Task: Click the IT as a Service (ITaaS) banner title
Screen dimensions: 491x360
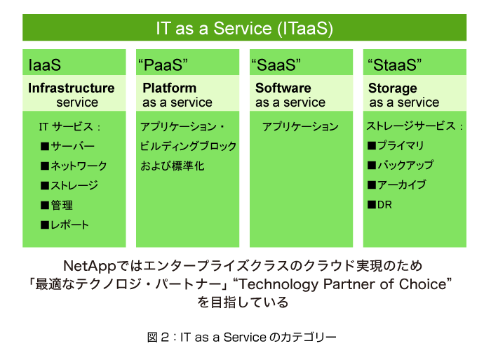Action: pyautogui.click(x=244, y=28)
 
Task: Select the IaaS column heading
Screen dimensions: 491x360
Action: pyautogui.click(x=44, y=65)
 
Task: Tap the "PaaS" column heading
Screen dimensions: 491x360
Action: pyautogui.click(x=163, y=65)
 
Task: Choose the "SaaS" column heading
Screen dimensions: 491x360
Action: pyautogui.click(x=276, y=65)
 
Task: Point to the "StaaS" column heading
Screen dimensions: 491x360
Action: pyautogui.click(x=394, y=65)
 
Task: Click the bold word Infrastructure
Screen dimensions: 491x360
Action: pyautogui.click(x=72, y=88)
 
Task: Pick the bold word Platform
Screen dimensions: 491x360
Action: pyautogui.click(x=170, y=88)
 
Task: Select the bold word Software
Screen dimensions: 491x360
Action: pyautogui.click(x=283, y=88)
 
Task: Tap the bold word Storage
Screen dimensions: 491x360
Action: pyautogui.click(x=393, y=88)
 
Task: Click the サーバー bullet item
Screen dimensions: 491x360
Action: pyautogui.click(x=67, y=146)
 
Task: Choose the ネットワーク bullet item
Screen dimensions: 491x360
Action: pyautogui.click(x=74, y=166)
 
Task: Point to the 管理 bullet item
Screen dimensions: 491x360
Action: pyautogui.click(x=57, y=205)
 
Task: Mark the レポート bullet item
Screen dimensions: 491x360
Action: pyautogui.click(x=65, y=225)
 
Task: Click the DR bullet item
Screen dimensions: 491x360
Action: pyautogui.click(x=379, y=205)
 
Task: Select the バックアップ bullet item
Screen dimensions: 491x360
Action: pyautogui.click(x=401, y=165)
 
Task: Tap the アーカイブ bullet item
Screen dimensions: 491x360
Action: pyautogui.click(x=397, y=185)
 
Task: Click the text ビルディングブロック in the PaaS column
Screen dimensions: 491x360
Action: pyautogui.click(x=188, y=147)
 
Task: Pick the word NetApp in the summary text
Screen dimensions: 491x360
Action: pyautogui.click(x=90, y=266)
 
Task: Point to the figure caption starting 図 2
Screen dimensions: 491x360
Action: pyautogui.click(x=242, y=338)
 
